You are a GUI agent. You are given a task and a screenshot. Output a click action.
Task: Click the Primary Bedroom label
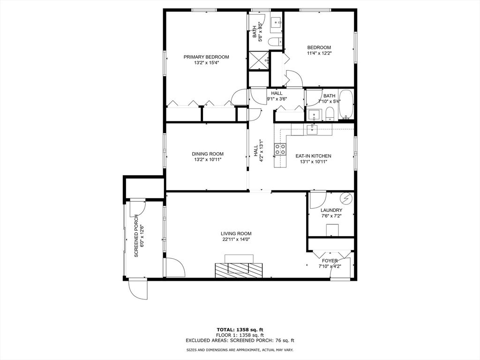pos(206,57)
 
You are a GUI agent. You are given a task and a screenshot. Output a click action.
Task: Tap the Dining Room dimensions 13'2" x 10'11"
pos(208,159)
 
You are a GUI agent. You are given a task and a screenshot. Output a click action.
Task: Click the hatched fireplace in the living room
pos(239,270)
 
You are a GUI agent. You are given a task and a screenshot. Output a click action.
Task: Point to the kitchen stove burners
pos(280,149)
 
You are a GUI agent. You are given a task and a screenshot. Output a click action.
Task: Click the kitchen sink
pos(312,128)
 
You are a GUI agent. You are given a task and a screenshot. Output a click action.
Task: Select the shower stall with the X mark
pos(259,60)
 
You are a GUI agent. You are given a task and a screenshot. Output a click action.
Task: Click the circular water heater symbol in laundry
pos(346,198)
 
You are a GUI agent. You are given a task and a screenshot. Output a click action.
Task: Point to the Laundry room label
pos(331,210)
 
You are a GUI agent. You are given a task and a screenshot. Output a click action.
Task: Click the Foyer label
pos(330,261)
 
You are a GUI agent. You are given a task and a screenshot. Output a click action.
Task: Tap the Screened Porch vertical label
pos(136,236)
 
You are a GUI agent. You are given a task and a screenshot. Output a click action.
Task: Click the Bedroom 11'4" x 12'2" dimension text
pos(319,53)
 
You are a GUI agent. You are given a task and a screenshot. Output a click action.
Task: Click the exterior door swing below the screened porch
pos(138,289)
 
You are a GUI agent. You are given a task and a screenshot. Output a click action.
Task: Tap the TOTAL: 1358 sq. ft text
pos(240,330)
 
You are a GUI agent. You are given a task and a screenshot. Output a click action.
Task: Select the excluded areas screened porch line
pos(240,340)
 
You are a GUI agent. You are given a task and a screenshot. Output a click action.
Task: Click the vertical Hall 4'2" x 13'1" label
pos(258,150)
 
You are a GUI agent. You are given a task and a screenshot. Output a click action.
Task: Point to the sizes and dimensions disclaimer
pos(240,350)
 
